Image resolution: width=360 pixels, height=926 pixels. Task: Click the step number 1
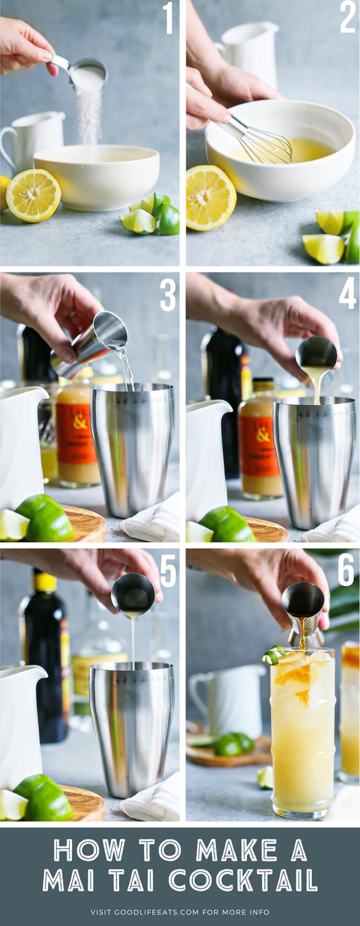click(x=168, y=18)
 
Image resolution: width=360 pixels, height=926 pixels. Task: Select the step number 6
click(x=346, y=570)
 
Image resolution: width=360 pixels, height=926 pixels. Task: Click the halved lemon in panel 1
click(x=33, y=195)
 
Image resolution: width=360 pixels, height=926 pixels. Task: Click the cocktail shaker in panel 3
click(x=133, y=448)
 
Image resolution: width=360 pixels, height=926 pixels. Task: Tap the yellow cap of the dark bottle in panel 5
click(x=45, y=582)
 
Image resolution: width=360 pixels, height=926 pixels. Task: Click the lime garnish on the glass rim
click(x=274, y=655)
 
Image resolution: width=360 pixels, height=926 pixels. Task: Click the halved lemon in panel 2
click(x=210, y=197)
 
